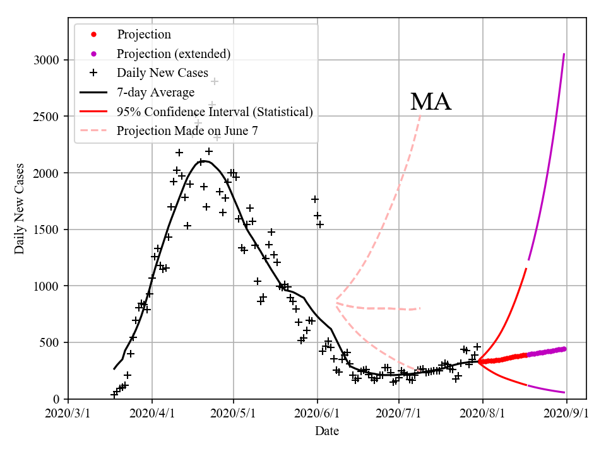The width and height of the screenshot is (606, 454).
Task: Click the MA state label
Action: click(431, 102)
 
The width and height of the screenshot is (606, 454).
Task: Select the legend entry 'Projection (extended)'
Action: click(174, 54)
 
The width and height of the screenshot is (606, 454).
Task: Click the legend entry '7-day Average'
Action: click(155, 92)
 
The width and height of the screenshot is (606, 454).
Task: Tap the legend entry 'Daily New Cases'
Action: click(162, 73)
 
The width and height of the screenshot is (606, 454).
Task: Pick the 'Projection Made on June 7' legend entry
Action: click(187, 131)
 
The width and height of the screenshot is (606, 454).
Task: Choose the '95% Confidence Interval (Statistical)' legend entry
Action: click(215, 112)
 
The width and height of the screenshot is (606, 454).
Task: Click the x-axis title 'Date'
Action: click(327, 431)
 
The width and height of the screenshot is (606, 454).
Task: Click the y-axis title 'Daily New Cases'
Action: click(20, 208)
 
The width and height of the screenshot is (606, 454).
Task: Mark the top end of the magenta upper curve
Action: click(564, 54)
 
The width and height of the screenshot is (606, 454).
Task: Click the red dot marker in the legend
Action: click(93, 34)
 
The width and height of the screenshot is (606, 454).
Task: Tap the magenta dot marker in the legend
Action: click(93, 54)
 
